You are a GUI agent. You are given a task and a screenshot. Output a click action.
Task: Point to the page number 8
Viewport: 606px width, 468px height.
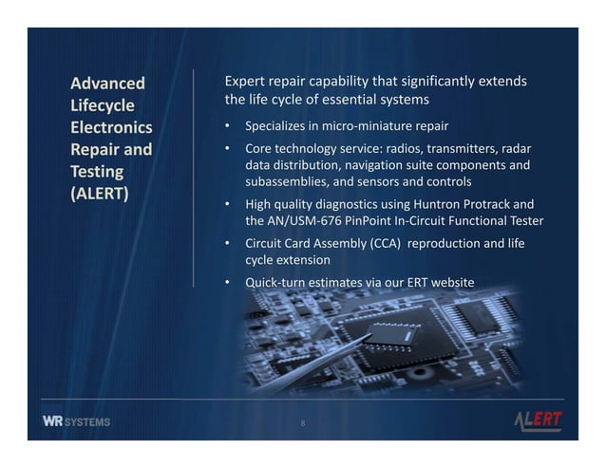coord(302,422)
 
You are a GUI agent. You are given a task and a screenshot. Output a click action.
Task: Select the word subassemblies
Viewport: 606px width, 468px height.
coord(290,180)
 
